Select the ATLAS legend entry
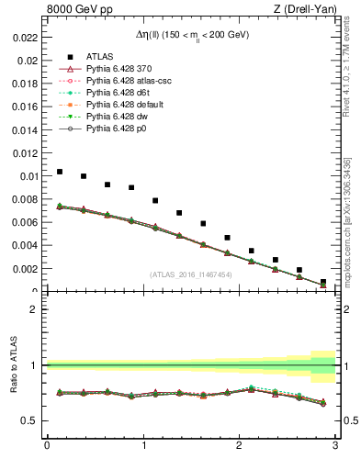click(x=97, y=56)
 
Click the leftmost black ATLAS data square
click(x=60, y=172)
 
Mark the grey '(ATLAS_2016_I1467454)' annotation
click(x=191, y=274)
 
